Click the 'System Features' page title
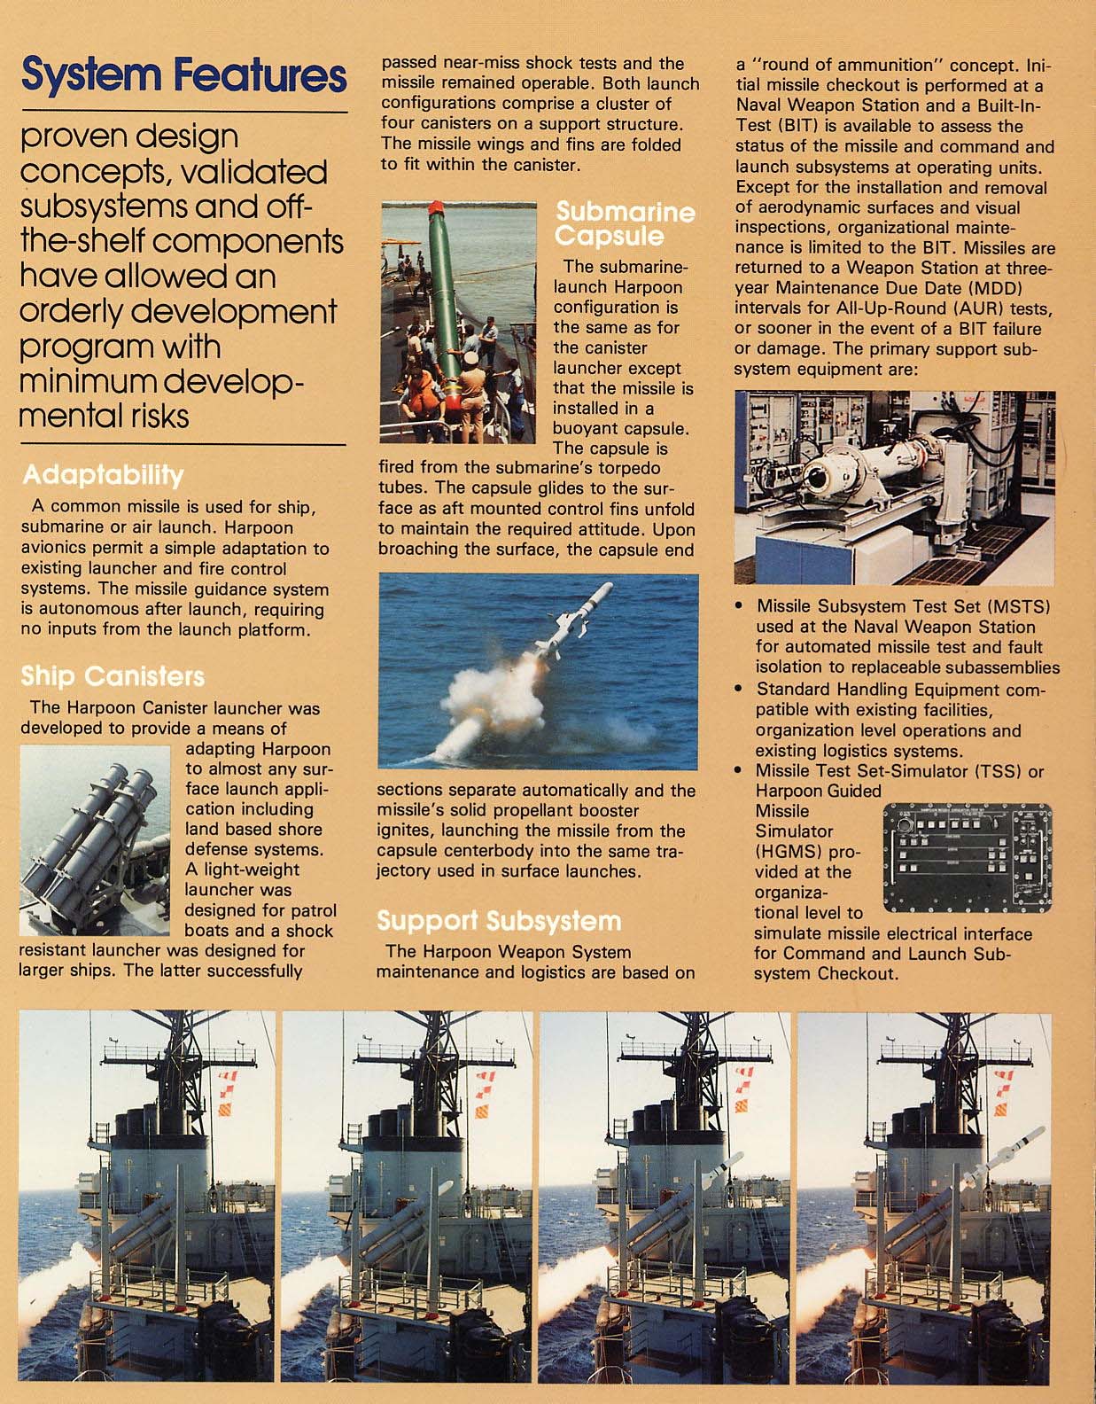[x=183, y=76]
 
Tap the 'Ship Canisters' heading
[x=113, y=677]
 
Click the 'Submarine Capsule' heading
[x=625, y=224]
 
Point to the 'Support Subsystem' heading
[x=499, y=921]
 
